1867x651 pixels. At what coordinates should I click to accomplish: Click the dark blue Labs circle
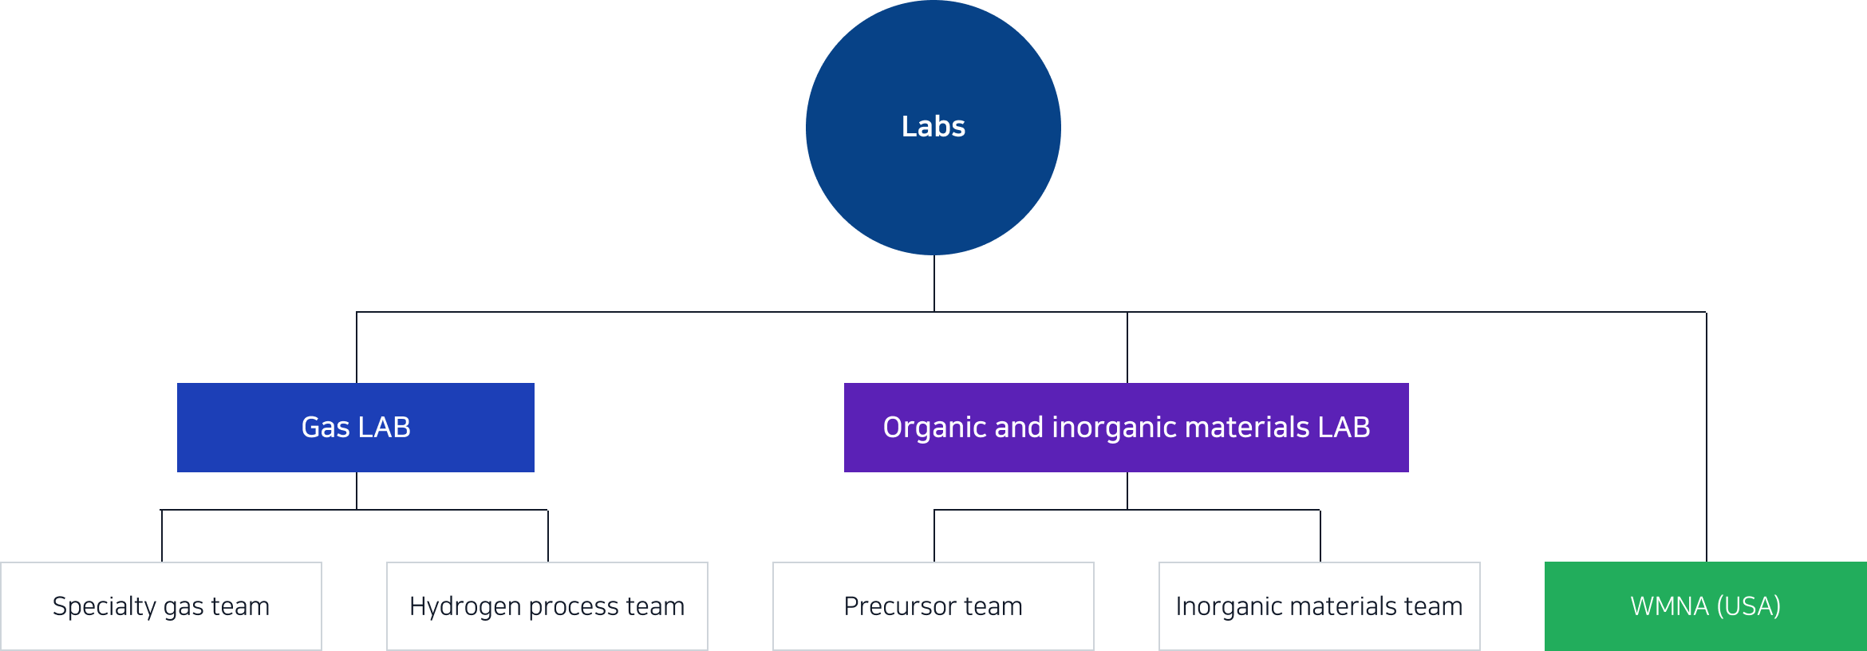[934, 128]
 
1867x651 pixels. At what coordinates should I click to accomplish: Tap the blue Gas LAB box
[356, 428]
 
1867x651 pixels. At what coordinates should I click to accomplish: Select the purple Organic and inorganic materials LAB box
[1127, 428]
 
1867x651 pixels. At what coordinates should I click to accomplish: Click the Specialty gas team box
[161, 606]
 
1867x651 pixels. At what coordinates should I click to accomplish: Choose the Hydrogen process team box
[547, 606]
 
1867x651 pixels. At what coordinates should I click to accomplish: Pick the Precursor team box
[934, 606]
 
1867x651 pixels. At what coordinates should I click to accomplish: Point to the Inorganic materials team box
[1320, 606]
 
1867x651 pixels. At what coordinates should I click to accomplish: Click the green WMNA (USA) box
[1706, 606]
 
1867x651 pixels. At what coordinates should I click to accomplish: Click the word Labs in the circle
[934, 126]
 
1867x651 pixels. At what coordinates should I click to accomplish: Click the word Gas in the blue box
[326, 428]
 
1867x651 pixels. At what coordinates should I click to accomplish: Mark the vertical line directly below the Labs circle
[934, 283]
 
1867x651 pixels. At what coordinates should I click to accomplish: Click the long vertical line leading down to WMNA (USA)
[1707, 436]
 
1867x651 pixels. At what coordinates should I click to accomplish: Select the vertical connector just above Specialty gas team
[162, 535]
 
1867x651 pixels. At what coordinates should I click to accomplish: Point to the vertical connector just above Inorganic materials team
[1320, 535]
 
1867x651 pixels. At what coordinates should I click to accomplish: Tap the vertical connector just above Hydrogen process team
[548, 535]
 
